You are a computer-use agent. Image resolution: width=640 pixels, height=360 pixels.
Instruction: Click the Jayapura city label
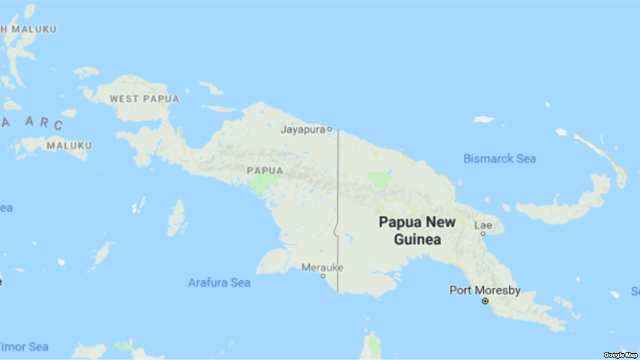303,130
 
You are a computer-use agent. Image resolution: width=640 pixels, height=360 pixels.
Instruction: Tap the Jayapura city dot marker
330,130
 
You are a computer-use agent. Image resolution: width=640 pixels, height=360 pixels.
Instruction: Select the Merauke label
322,267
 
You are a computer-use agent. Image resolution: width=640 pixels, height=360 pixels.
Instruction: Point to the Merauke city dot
323,275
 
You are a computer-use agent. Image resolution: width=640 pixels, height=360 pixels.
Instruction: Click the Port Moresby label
485,291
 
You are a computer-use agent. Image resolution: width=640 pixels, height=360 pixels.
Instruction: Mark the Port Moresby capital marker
485,301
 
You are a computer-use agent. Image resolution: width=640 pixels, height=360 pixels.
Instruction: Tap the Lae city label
483,225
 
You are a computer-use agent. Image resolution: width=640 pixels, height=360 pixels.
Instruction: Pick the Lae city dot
482,234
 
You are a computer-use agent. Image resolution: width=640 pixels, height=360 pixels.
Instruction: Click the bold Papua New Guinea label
417,230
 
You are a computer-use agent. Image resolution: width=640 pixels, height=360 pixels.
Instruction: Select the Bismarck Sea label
499,159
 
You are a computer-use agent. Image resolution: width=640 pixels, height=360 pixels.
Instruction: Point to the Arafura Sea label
219,283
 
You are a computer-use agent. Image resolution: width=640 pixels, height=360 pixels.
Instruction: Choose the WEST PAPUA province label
144,99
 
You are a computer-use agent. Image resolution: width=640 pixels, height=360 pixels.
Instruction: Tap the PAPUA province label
265,170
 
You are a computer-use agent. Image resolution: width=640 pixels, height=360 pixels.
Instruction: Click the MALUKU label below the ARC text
69,145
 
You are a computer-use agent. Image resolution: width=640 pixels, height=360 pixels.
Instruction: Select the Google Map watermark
621,355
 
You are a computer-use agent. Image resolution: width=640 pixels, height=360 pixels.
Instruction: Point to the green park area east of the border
380,179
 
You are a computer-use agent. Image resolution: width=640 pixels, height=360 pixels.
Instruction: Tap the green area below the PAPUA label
263,183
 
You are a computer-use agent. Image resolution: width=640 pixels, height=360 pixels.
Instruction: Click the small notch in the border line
336,232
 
